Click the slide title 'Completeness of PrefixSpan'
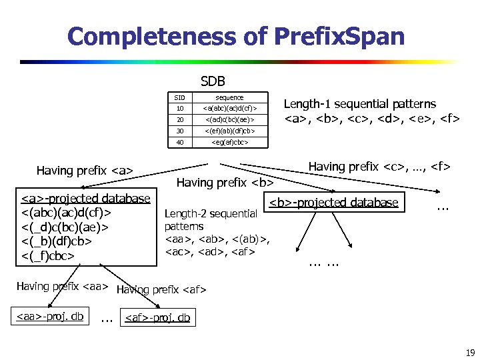pos(236,36)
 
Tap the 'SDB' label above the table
pos(213,81)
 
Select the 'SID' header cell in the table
pos(180,97)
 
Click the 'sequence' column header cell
pos(229,97)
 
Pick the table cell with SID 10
pos(180,108)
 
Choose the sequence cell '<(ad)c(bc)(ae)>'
pos(229,119)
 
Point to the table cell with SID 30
pos(180,131)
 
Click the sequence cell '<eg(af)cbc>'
pos(229,142)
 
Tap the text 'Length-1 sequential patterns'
pos(360,104)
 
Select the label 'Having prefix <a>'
pos(85,171)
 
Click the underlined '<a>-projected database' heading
pos(86,198)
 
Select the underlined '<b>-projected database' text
pos(333,203)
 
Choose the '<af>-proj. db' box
pos(157,318)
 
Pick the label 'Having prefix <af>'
pos(161,290)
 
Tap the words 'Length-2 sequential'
pos(211,213)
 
